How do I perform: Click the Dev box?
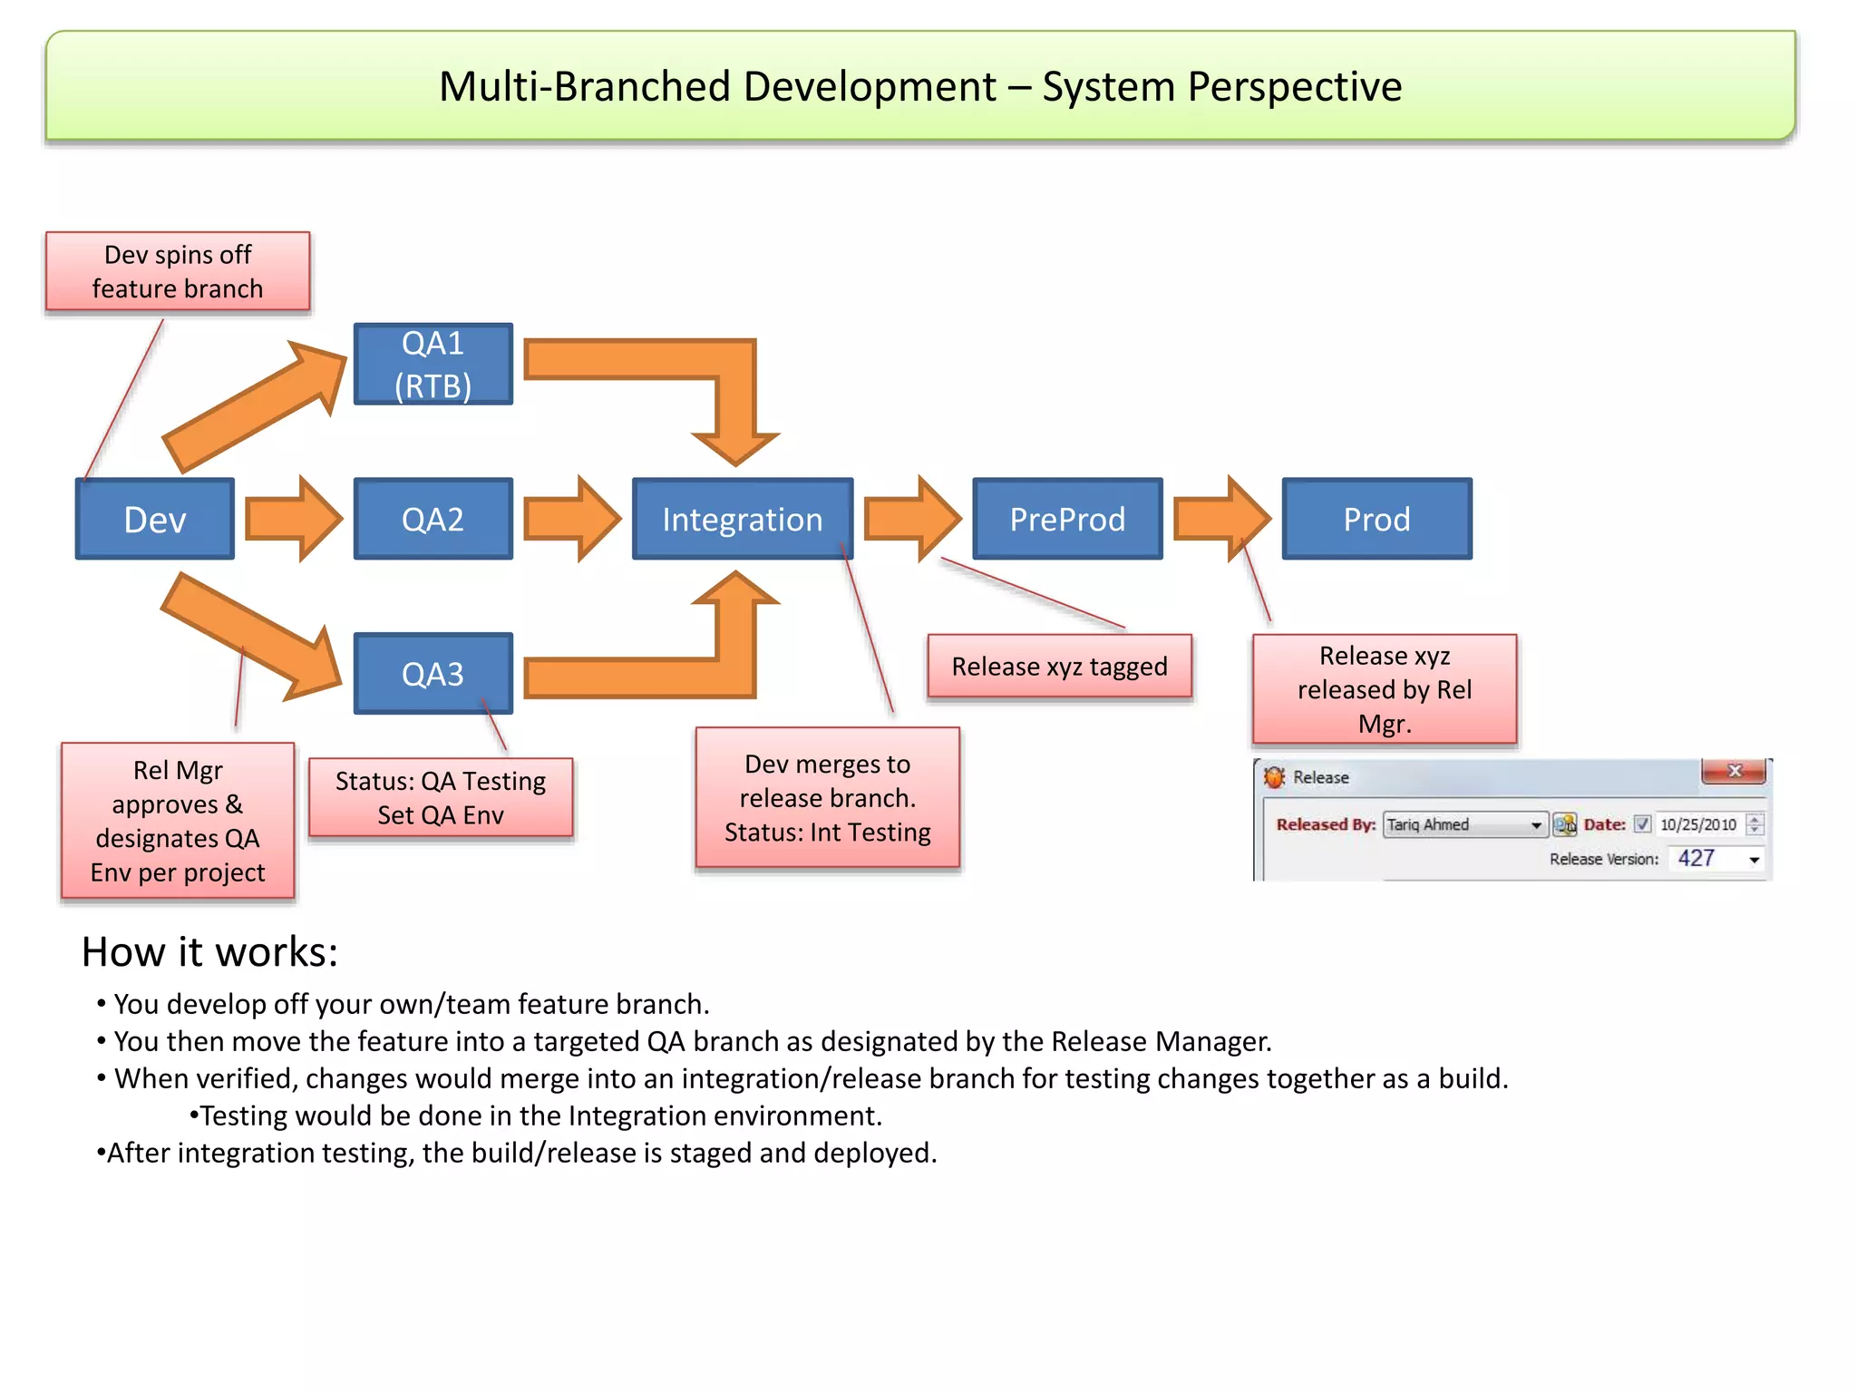click(155, 519)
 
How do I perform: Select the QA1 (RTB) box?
click(433, 364)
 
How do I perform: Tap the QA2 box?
click(433, 519)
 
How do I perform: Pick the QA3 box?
click(433, 674)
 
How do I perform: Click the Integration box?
click(742, 519)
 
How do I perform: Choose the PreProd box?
click(1067, 519)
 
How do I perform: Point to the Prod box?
click(1376, 519)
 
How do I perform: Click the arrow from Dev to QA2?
click(292, 519)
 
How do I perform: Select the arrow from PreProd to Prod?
click(1220, 519)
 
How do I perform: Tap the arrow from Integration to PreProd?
click(910, 519)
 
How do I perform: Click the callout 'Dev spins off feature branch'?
click(178, 271)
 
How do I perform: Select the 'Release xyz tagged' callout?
click(1059, 667)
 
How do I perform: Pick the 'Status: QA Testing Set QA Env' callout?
click(441, 797)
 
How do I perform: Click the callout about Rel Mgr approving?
click(178, 821)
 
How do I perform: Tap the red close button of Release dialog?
click(1734, 771)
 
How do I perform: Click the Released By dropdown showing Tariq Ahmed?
click(1463, 824)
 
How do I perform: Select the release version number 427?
click(1696, 858)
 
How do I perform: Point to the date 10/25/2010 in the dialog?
click(1697, 824)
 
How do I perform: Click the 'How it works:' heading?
click(209, 952)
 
